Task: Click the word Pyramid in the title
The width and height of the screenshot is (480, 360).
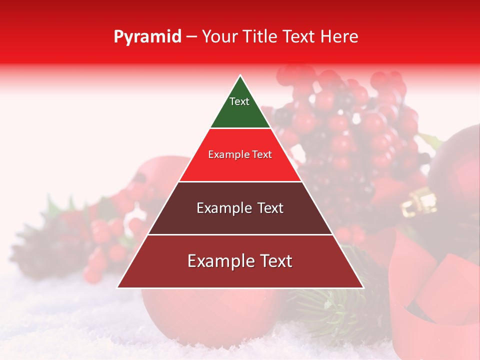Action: click(147, 37)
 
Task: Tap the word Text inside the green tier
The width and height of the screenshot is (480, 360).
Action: click(239, 101)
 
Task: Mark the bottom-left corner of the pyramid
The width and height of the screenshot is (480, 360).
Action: click(118, 287)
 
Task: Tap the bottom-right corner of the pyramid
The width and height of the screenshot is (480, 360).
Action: click(363, 287)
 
